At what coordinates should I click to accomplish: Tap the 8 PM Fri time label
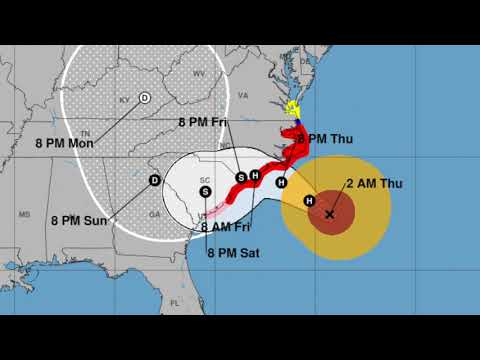pos(203,122)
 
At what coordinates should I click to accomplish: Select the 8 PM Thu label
pos(327,138)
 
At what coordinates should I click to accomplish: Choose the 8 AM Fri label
pos(231,227)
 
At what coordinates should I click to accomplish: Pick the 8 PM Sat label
pos(233,253)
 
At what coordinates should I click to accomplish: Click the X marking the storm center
pos(330,214)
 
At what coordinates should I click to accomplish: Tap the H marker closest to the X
pos(309,201)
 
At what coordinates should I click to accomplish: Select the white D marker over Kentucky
pos(145,97)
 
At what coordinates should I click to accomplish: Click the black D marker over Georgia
pos(154,180)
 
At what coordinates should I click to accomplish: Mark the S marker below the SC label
pos(205,191)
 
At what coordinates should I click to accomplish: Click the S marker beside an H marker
pos(241,177)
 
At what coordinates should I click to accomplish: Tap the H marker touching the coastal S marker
pos(254,175)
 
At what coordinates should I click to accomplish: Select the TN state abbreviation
pos(86,133)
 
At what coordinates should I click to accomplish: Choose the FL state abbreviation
pos(173,300)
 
